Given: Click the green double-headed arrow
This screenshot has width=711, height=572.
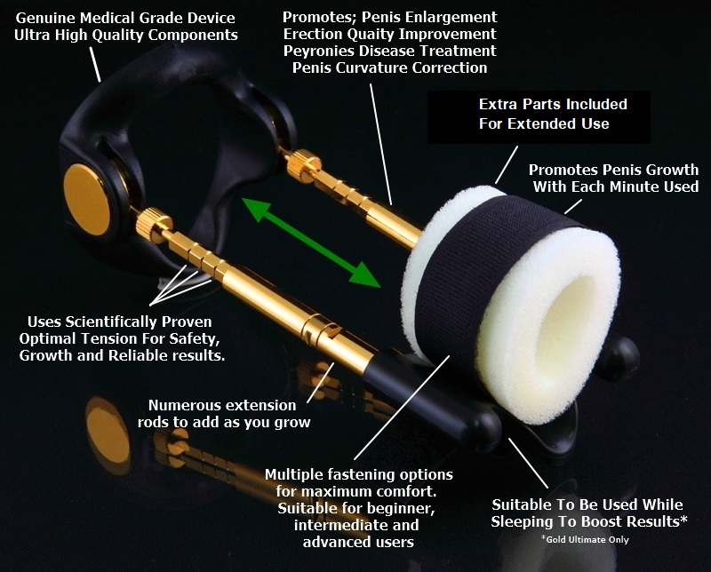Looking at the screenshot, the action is pos(311,243).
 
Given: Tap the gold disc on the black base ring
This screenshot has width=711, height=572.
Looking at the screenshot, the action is pos(85,200).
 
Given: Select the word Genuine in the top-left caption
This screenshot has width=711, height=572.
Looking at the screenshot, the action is pos(46,18).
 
